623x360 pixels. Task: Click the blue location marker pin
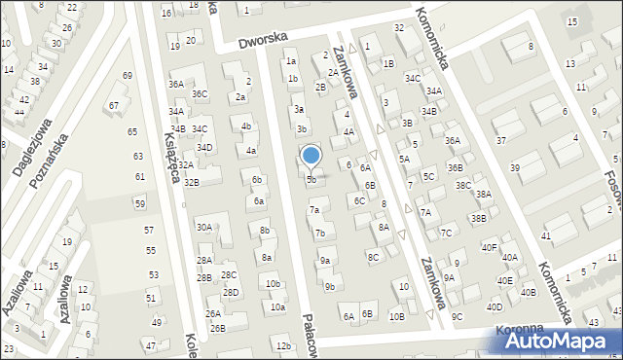[311, 156]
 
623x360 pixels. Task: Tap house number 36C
[200, 94]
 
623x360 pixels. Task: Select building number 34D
[204, 148]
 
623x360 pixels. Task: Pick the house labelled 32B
[192, 182]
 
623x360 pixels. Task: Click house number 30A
[203, 227]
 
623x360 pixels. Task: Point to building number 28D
[231, 292]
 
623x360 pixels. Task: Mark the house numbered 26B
[218, 328]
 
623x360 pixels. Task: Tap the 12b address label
[283, 346]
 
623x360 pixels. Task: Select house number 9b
[330, 286]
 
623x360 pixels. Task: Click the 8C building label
[373, 257]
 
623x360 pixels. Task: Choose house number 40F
[489, 247]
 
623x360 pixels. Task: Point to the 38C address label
[463, 185]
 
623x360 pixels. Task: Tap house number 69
[127, 76]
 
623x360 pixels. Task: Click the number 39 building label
[515, 168]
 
